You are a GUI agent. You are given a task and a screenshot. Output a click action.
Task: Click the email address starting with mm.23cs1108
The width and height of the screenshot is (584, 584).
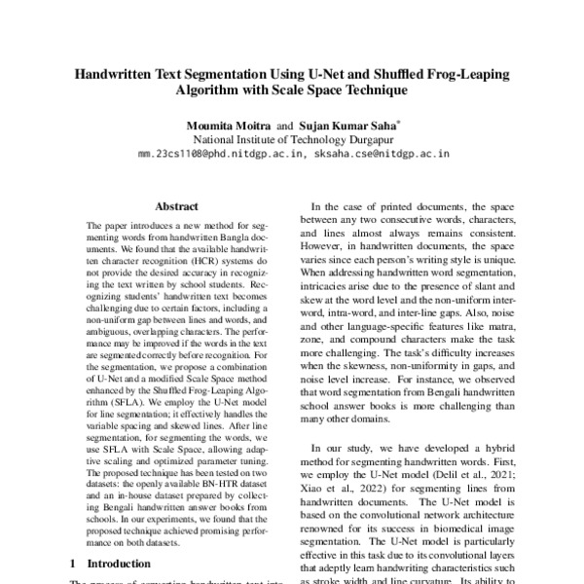(x=219, y=153)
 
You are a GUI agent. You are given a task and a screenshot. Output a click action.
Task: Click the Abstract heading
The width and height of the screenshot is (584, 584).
(x=176, y=205)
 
